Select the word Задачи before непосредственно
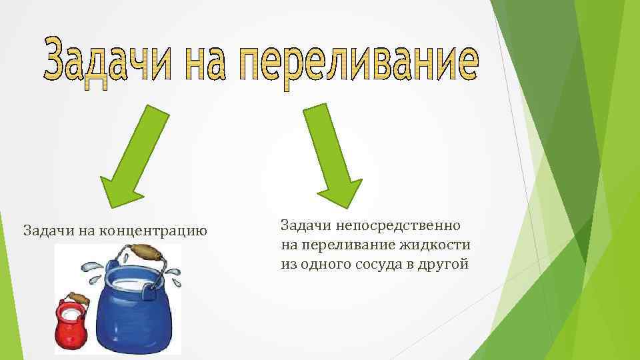pyautogui.click(x=307, y=225)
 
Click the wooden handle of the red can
pyautogui.click(x=77, y=299)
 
